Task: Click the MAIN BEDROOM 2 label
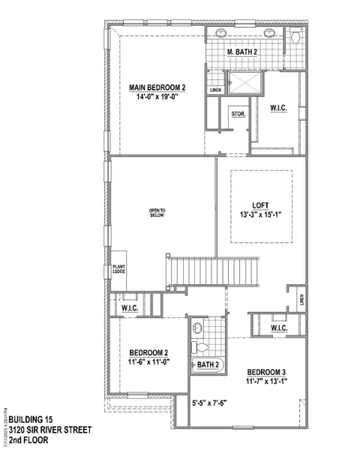156,88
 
